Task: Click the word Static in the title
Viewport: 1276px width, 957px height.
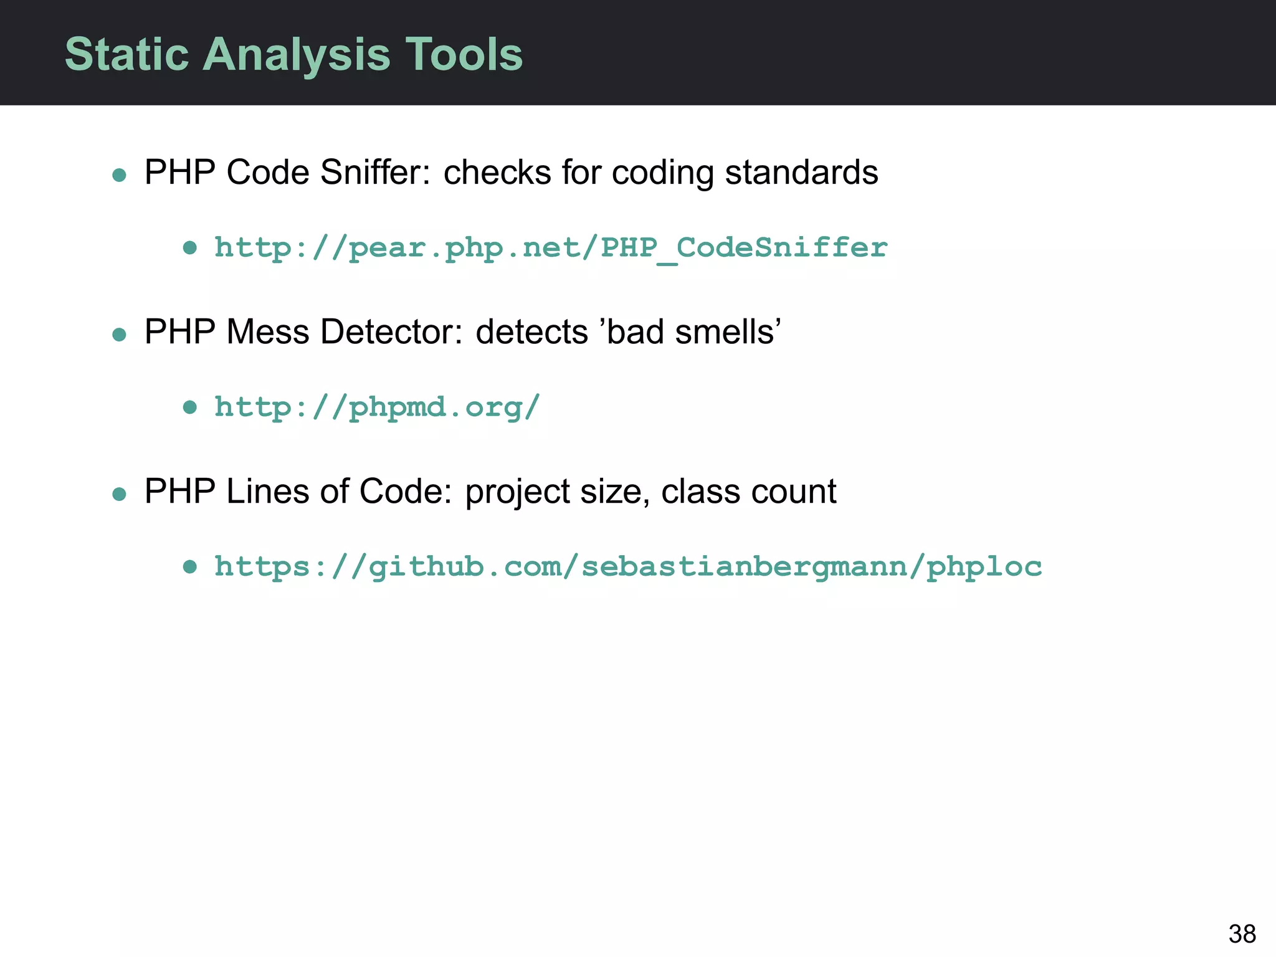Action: click(x=126, y=54)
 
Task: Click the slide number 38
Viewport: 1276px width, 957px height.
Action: click(x=1242, y=934)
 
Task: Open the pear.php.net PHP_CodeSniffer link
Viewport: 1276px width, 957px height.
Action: click(x=551, y=248)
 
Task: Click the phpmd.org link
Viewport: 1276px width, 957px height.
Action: click(x=376, y=407)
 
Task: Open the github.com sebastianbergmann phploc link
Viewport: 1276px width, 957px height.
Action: click(x=627, y=567)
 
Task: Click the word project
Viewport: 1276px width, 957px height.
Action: click(x=517, y=492)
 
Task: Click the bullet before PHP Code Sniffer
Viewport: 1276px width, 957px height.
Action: click(x=119, y=175)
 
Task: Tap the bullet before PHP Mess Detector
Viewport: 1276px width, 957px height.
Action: click(x=119, y=335)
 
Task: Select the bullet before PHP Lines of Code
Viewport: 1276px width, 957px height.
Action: click(x=119, y=495)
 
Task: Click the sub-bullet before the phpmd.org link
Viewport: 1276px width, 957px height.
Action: click(x=190, y=408)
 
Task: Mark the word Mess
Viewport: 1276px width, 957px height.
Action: click(x=268, y=331)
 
